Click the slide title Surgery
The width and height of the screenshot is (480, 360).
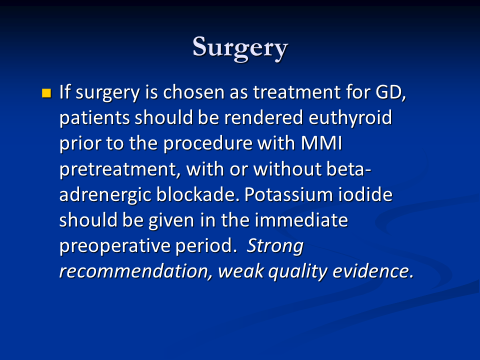[x=240, y=48]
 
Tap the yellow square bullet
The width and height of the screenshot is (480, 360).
[x=46, y=93]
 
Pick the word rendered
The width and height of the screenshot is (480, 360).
[x=263, y=117]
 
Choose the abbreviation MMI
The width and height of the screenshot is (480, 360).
[x=321, y=143]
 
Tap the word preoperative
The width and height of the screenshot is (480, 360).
[x=114, y=246]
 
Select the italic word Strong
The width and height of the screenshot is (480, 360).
[x=274, y=246]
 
